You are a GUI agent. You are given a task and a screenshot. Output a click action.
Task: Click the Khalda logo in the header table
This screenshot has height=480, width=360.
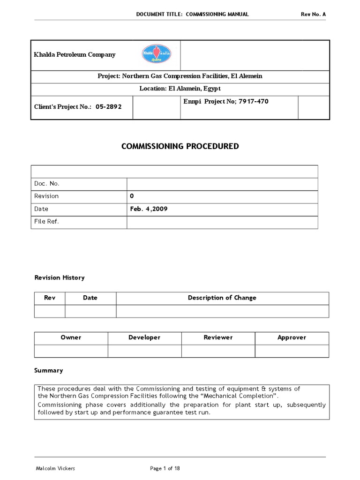point(157,55)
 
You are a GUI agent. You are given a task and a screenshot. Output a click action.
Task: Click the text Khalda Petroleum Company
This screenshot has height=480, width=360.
point(75,55)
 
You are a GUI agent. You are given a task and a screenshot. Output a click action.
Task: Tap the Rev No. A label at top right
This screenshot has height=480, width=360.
point(313,14)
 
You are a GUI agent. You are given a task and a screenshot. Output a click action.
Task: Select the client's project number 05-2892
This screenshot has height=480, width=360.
point(108,107)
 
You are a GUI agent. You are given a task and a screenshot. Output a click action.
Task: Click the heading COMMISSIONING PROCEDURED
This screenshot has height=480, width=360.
point(180,146)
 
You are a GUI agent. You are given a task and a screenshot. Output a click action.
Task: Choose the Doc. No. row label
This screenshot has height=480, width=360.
point(47,183)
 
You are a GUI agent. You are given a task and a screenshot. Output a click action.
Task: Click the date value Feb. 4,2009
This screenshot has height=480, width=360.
point(149,209)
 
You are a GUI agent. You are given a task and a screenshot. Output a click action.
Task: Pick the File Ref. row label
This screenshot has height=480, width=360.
point(47,222)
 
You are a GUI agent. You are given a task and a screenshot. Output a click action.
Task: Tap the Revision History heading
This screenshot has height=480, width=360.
point(60,277)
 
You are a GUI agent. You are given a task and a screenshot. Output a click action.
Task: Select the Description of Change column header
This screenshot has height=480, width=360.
point(222,298)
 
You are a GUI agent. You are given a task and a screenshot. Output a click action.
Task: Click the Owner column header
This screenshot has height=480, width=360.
point(71,337)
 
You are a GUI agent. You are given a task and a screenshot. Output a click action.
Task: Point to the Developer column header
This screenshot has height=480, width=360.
point(144,337)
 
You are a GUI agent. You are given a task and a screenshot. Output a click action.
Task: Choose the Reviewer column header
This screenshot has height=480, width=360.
point(218,337)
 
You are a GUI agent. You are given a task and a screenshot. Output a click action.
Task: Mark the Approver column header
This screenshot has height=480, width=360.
point(292,337)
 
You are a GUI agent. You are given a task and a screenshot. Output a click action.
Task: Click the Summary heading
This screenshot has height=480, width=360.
point(48,370)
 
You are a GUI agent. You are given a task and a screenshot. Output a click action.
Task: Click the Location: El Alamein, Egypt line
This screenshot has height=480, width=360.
point(180,89)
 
